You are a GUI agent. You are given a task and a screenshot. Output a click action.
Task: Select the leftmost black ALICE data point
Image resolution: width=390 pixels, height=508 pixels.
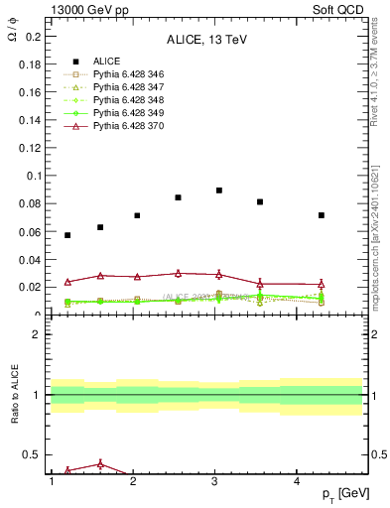67,235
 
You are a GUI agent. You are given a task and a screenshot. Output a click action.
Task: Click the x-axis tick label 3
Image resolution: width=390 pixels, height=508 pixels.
215,481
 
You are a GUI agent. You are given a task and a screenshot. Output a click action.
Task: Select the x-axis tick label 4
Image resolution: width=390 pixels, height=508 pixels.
298,481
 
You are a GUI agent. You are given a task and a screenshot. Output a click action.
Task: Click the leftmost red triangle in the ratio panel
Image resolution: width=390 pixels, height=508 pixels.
67,470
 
